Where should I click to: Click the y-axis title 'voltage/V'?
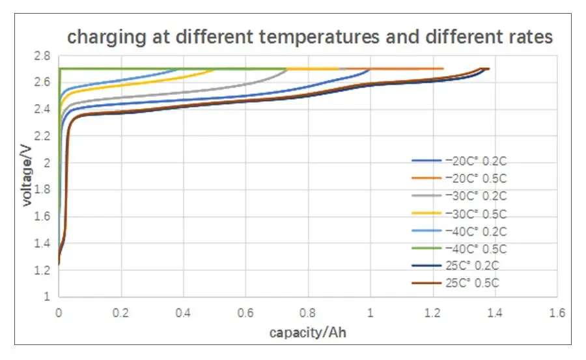pos(27,176)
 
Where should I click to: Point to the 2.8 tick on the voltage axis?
pos(43,56)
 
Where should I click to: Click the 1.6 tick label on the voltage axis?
pos(43,216)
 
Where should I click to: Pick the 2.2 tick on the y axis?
pos(43,136)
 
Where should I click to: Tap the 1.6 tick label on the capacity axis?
pos(557,312)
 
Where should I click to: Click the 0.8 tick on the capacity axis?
pos(308,312)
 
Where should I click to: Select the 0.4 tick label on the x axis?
pos(183,312)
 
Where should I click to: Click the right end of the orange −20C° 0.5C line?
pos(443,68)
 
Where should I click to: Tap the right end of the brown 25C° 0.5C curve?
pos(488,68)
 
